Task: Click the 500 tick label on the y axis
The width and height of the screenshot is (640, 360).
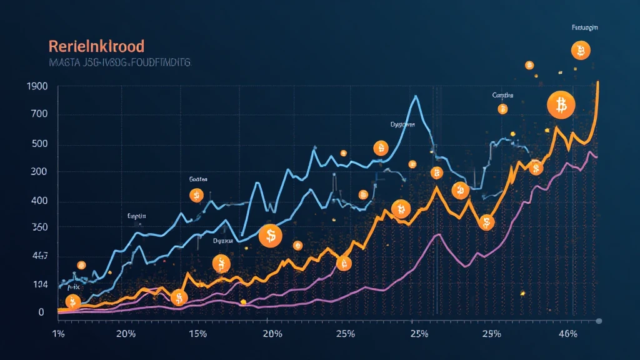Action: (x=38, y=144)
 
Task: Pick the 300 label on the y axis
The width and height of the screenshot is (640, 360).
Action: (x=38, y=172)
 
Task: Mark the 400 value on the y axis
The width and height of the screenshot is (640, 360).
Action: (x=38, y=201)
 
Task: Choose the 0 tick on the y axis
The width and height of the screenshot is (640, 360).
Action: (x=41, y=312)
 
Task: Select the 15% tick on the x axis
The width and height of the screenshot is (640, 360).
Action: (x=197, y=334)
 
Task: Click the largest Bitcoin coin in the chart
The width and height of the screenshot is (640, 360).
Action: (x=561, y=106)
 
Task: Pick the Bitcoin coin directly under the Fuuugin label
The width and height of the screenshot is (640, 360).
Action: (x=581, y=51)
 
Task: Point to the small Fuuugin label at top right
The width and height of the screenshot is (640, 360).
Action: (x=584, y=28)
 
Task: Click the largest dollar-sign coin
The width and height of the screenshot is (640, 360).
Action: (x=271, y=236)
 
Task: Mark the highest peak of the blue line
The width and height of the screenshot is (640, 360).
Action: (x=416, y=96)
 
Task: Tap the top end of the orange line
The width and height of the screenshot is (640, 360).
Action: (x=598, y=82)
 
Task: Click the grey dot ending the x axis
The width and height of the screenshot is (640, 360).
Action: (x=598, y=321)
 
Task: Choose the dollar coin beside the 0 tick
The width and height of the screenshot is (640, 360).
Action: (x=73, y=303)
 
